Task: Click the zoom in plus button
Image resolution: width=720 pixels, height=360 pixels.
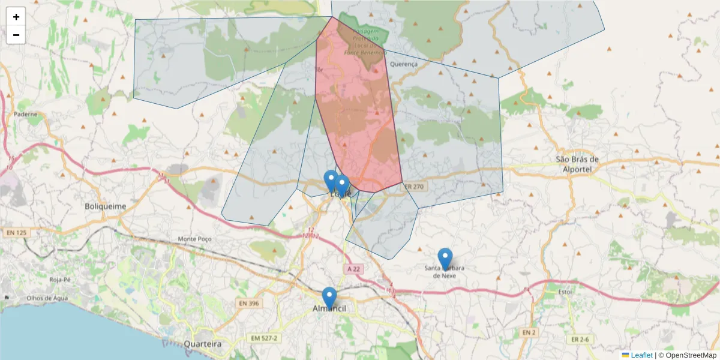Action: click(16, 17)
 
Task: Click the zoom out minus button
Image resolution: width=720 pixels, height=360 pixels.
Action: click(16, 35)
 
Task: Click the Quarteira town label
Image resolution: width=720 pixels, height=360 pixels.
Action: click(202, 344)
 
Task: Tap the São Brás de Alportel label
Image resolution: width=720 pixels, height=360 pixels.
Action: click(578, 164)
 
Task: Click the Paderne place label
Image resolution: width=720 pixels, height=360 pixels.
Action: click(25, 114)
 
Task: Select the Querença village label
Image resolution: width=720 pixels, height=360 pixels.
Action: click(403, 64)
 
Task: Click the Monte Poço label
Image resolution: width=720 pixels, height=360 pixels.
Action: click(195, 239)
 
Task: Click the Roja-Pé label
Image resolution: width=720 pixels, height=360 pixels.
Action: click(61, 280)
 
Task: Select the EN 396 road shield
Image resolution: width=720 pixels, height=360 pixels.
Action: click(247, 304)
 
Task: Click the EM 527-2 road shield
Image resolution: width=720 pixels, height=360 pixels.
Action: click(265, 338)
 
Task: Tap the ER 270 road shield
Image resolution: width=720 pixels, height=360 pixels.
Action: click(413, 187)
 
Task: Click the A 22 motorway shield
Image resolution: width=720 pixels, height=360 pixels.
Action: click(354, 269)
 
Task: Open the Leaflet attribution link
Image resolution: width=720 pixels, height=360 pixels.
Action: click(641, 355)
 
